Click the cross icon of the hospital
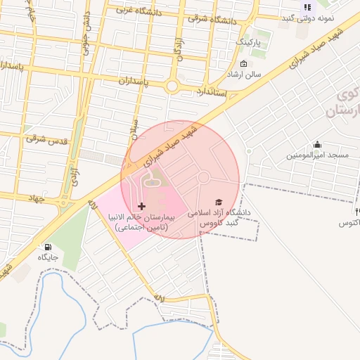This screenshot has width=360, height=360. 142,206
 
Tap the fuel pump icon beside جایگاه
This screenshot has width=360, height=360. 48,247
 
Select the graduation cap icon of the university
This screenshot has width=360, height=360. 218,202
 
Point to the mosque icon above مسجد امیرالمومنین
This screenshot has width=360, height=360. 317,144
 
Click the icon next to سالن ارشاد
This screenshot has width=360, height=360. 243,64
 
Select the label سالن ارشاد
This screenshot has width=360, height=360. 244,74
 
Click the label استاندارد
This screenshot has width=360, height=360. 210,92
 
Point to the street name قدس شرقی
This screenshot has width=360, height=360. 47,140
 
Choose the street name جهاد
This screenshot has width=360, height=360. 33,199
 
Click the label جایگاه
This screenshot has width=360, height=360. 48,258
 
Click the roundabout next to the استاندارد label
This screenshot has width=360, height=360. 172,86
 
